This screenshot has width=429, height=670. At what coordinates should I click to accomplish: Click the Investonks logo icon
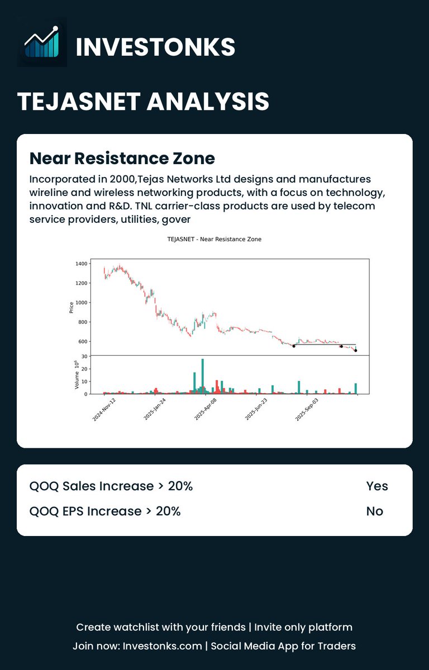(42, 42)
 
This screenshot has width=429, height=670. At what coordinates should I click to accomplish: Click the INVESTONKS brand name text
(155, 47)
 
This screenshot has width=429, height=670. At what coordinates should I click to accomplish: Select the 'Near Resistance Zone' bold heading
(122, 159)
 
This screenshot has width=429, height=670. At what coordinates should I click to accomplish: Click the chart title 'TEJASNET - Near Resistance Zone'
(214, 239)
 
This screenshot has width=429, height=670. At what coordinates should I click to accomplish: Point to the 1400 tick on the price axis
(80, 264)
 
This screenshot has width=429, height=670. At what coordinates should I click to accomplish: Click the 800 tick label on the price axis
(82, 322)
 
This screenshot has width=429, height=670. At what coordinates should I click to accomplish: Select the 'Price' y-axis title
(71, 307)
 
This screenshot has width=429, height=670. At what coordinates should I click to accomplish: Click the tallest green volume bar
(202, 376)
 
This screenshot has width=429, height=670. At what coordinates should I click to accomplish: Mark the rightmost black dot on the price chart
(356, 351)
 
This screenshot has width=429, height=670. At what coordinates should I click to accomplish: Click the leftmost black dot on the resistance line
(294, 346)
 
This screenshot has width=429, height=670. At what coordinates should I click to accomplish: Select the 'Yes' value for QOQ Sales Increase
(377, 486)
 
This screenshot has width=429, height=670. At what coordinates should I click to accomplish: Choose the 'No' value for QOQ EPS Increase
(375, 511)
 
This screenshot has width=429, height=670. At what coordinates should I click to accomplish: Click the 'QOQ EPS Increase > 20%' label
(105, 511)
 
